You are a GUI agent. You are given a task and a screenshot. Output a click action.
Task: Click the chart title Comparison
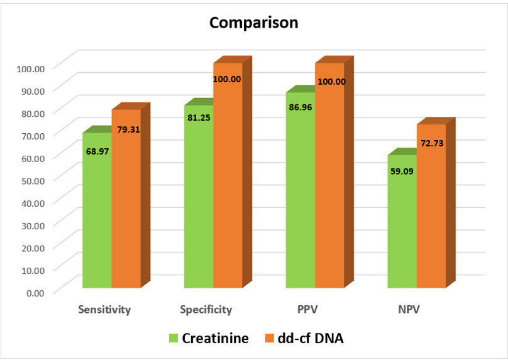[253, 23]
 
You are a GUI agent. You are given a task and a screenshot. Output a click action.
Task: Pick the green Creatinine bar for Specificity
[199, 201]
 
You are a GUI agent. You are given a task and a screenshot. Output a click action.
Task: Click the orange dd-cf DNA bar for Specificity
[228, 182]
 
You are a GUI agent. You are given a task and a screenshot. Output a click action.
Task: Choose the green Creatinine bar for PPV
[301, 195]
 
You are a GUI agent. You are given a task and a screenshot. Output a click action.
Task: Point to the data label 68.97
[97, 151]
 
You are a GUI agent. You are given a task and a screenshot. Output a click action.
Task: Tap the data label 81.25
[199, 117]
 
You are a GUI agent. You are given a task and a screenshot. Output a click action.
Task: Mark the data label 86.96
[301, 107]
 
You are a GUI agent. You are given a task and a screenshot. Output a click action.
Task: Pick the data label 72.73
[431, 143]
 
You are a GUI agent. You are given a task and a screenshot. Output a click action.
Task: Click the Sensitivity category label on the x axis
[104, 310]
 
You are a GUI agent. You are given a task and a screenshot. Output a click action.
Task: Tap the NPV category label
[409, 310]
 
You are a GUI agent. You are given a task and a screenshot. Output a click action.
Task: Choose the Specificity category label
[206, 310]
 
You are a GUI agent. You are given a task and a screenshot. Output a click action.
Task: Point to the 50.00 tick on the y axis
[32, 180]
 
